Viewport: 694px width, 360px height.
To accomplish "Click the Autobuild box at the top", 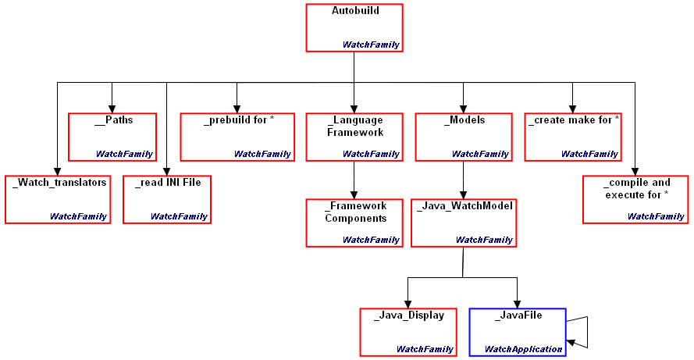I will (x=354, y=27).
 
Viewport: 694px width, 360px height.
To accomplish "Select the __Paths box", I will (x=112, y=137).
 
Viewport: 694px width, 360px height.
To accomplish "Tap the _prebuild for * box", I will (x=237, y=137).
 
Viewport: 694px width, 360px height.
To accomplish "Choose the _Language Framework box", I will (x=354, y=137).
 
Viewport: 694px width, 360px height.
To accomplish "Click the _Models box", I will (x=463, y=137).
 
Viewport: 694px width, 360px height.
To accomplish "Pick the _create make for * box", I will (x=572, y=137).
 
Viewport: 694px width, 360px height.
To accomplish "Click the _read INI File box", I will (x=167, y=199).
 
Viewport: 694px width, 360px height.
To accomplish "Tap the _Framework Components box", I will (x=354, y=223).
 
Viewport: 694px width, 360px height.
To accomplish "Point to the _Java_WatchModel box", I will (x=463, y=223).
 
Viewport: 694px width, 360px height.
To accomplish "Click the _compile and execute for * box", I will (x=635, y=199).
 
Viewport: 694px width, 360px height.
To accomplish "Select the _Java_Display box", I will (x=408, y=332).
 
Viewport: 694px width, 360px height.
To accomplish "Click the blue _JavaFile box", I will (x=518, y=332).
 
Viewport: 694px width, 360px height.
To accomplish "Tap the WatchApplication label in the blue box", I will (x=523, y=349).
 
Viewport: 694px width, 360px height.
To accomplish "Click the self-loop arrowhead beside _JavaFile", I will (x=571, y=343).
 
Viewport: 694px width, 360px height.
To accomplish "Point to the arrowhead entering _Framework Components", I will (x=354, y=195).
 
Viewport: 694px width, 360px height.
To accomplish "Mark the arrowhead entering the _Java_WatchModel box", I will (x=463, y=195).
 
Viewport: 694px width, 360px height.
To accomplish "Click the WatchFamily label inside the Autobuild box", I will (x=371, y=45).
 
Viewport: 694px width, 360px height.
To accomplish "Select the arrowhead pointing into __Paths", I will (x=112, y=109).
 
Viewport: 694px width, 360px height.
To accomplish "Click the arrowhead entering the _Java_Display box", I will (x=408, y=304).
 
